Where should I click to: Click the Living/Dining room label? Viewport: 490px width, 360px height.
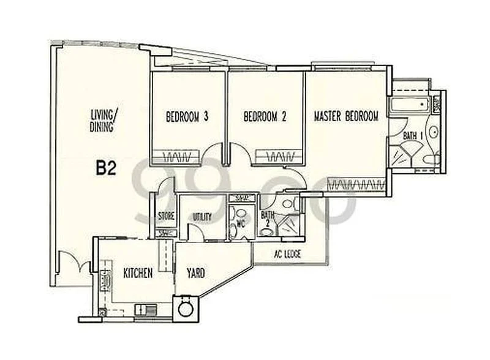click(103, 119)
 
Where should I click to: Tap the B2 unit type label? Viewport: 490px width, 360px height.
click(106, 168)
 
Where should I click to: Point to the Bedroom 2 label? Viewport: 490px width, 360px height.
click(265, 116)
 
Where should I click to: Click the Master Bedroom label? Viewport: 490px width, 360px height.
click(346, 116)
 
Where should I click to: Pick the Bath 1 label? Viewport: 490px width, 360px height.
click(410, 135)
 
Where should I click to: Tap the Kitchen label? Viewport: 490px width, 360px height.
click(138, 273)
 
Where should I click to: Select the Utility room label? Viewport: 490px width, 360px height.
click(202, 217)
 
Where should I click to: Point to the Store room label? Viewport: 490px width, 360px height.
click(166, 216)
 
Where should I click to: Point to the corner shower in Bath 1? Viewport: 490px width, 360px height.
click(403, 153)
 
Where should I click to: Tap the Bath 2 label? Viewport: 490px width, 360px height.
click(268, 219)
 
